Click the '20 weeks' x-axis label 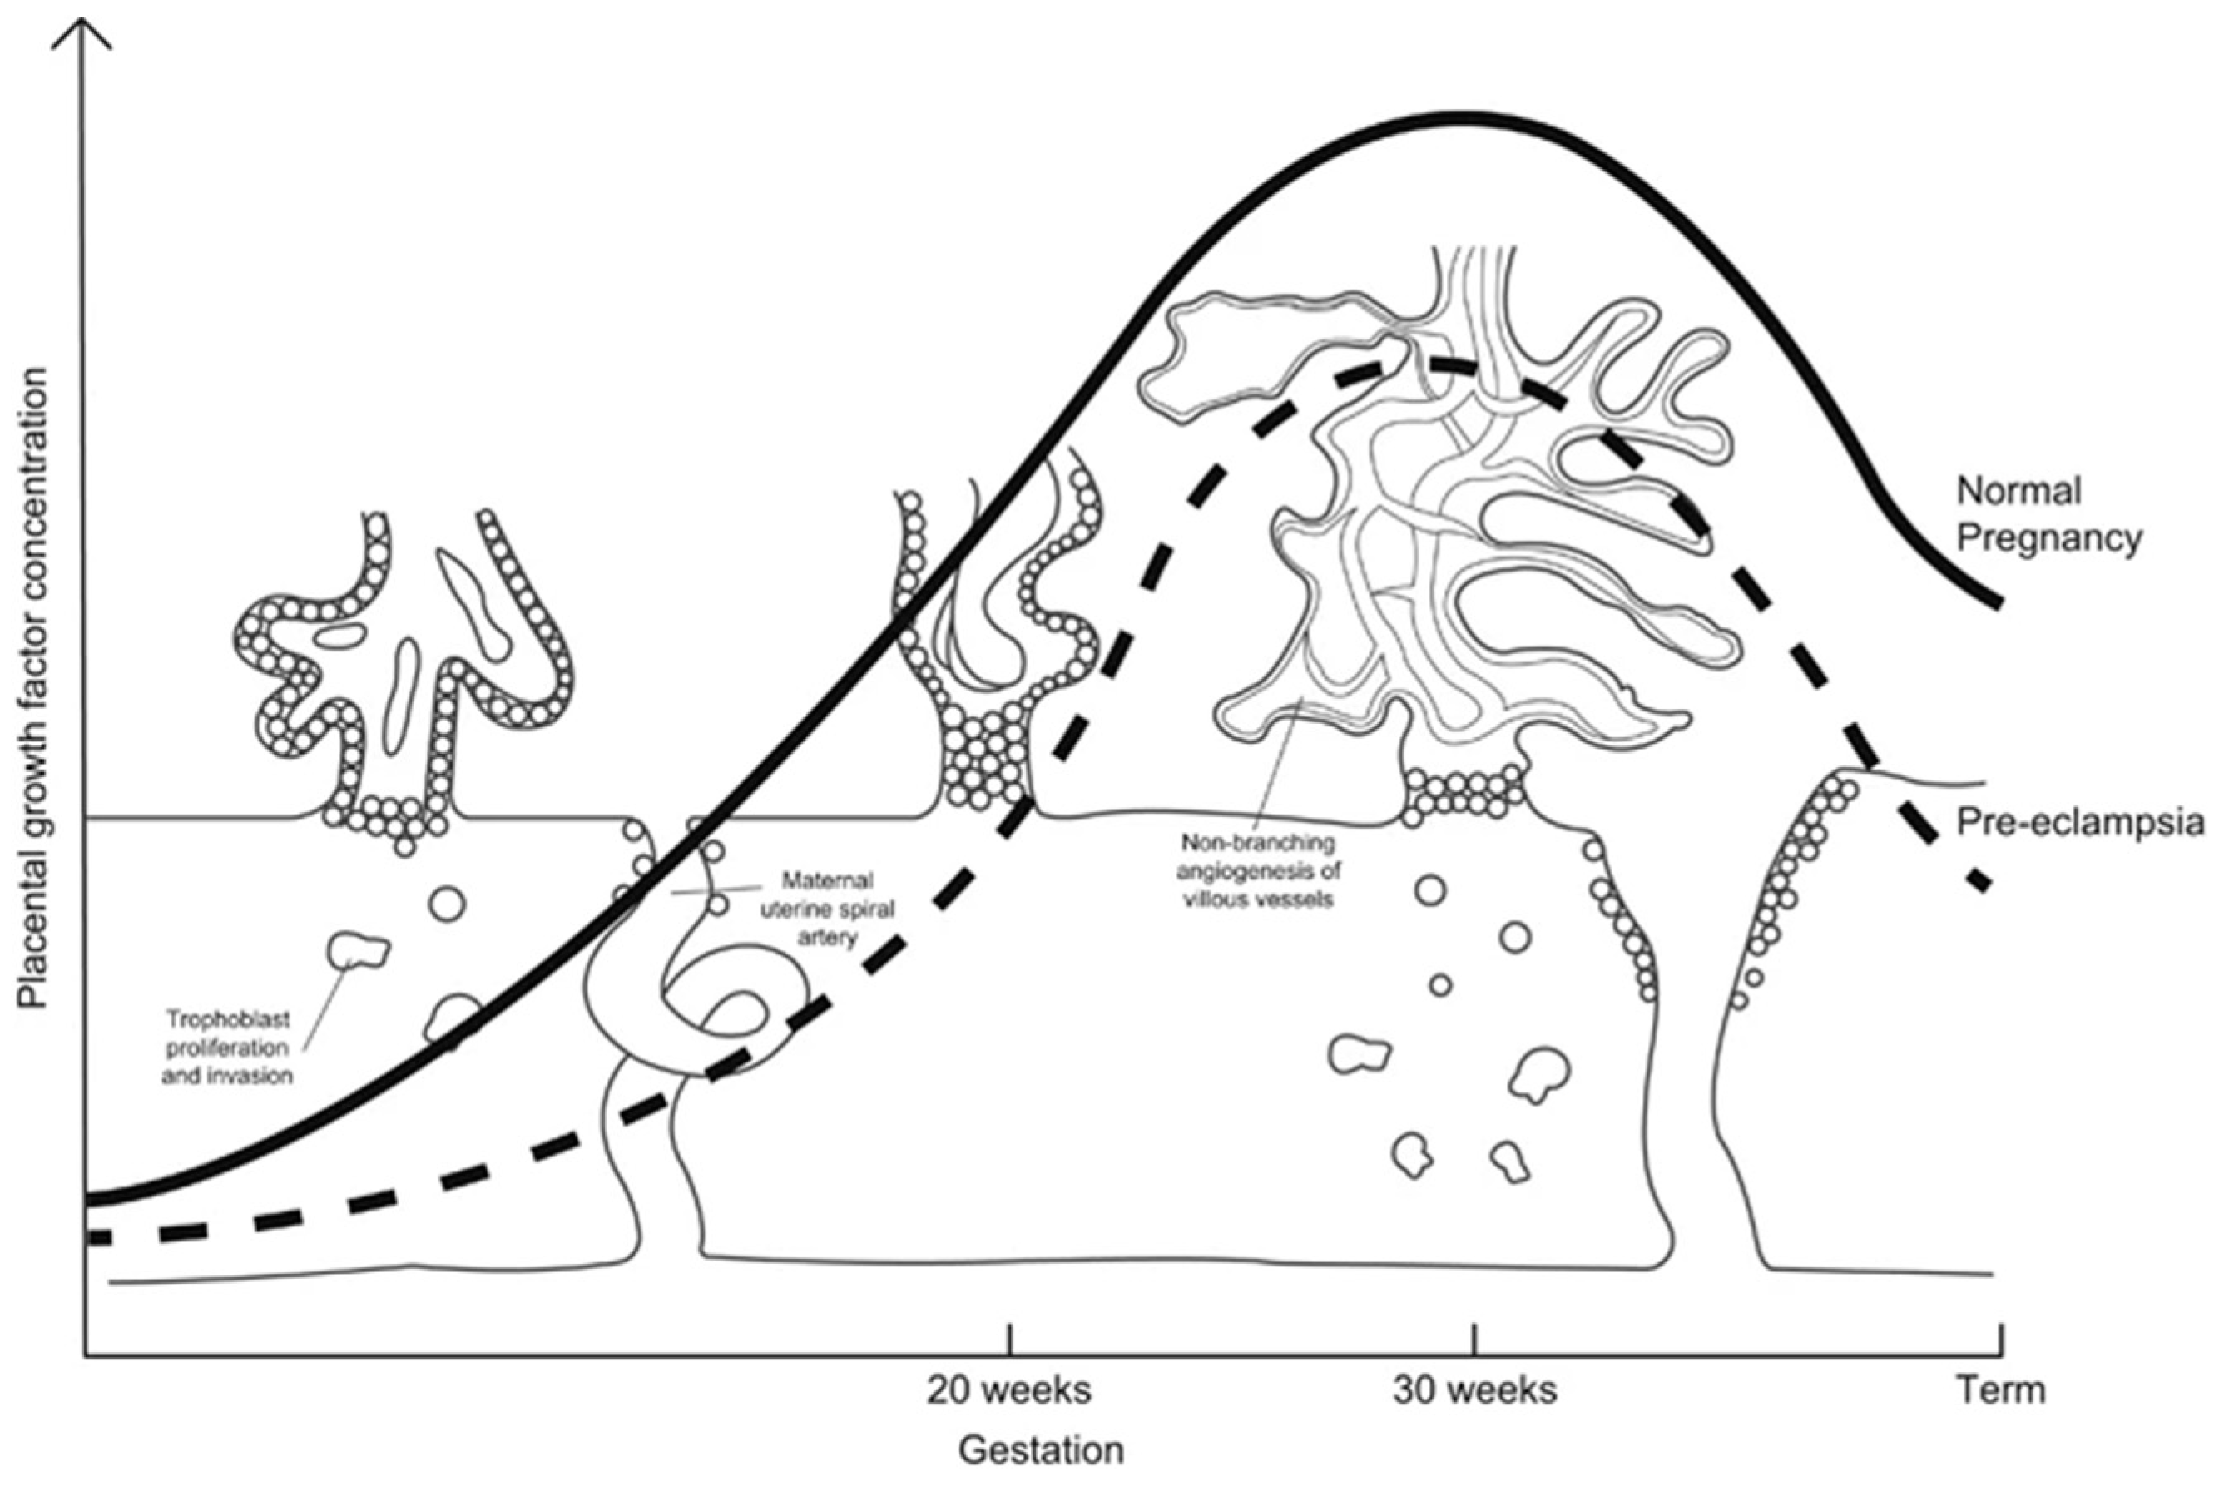[1009, 1390]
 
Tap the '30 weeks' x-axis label [1474, 1390]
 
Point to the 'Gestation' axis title [1042, 1451]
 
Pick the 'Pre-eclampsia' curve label [2080, 823]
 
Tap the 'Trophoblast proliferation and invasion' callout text [227, 1048]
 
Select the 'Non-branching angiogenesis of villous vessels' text [1257, 870]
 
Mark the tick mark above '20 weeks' [1010, 1339]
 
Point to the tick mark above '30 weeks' [1474, 1339]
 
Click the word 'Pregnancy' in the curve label [2048, 538]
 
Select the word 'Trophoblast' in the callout [228, 1021]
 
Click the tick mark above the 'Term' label [2001, 1339]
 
